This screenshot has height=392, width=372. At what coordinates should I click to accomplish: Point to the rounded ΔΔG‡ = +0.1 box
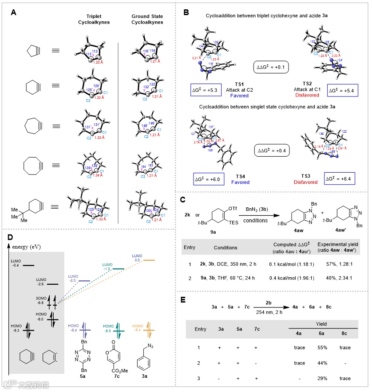coord(270,68)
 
